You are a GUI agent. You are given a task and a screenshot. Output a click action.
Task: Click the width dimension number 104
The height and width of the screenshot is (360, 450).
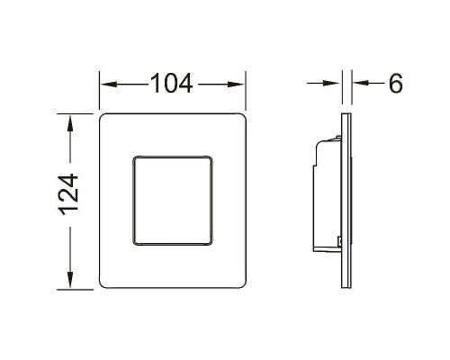171,84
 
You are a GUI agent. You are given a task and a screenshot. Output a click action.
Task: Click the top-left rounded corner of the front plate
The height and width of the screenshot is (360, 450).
103,118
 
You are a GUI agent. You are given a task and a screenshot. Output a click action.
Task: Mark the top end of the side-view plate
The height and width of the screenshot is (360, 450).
345,116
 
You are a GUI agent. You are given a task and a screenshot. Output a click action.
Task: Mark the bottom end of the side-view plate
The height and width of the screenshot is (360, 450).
345,287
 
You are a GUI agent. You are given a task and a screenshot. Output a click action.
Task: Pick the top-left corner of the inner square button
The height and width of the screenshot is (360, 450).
134,158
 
